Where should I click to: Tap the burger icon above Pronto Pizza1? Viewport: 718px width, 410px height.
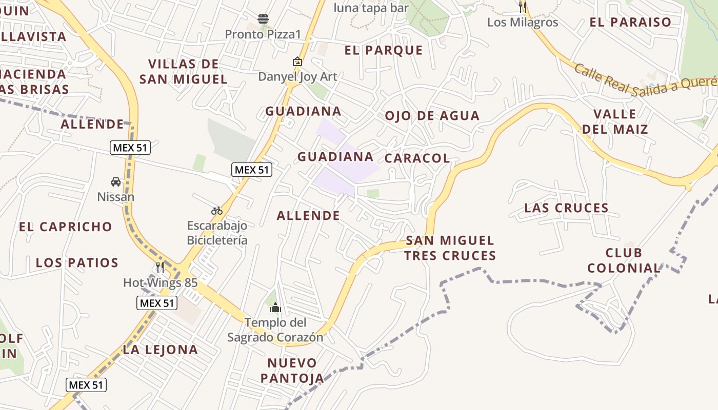point(263,19)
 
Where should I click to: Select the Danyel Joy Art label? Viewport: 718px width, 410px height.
point(297,77)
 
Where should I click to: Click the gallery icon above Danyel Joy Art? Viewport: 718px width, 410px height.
point(297,61)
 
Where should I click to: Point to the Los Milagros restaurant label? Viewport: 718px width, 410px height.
point(523,22)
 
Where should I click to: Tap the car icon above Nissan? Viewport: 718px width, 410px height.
point(116,182)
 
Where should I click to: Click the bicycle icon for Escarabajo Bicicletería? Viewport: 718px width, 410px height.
point(217,211)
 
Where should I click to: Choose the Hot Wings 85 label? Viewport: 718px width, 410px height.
point(160,282)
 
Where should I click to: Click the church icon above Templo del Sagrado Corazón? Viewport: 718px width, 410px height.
point(275,307)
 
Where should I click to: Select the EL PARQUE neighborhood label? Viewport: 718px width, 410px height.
point(384,50)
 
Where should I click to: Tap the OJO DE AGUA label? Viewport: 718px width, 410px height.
point(432,116)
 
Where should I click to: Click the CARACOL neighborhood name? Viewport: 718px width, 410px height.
point(417,158)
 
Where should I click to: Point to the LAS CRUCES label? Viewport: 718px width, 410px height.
point(566,208)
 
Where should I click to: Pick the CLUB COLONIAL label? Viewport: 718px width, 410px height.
point(624,260)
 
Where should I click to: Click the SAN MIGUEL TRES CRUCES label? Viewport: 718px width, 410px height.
point(450,248)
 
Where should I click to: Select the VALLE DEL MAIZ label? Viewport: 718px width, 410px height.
point(615,121)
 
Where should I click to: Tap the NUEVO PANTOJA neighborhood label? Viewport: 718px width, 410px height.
point(292,371)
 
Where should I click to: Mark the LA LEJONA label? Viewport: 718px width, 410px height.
point(160,350)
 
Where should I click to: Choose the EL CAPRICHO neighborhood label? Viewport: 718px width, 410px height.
point(66,227)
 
